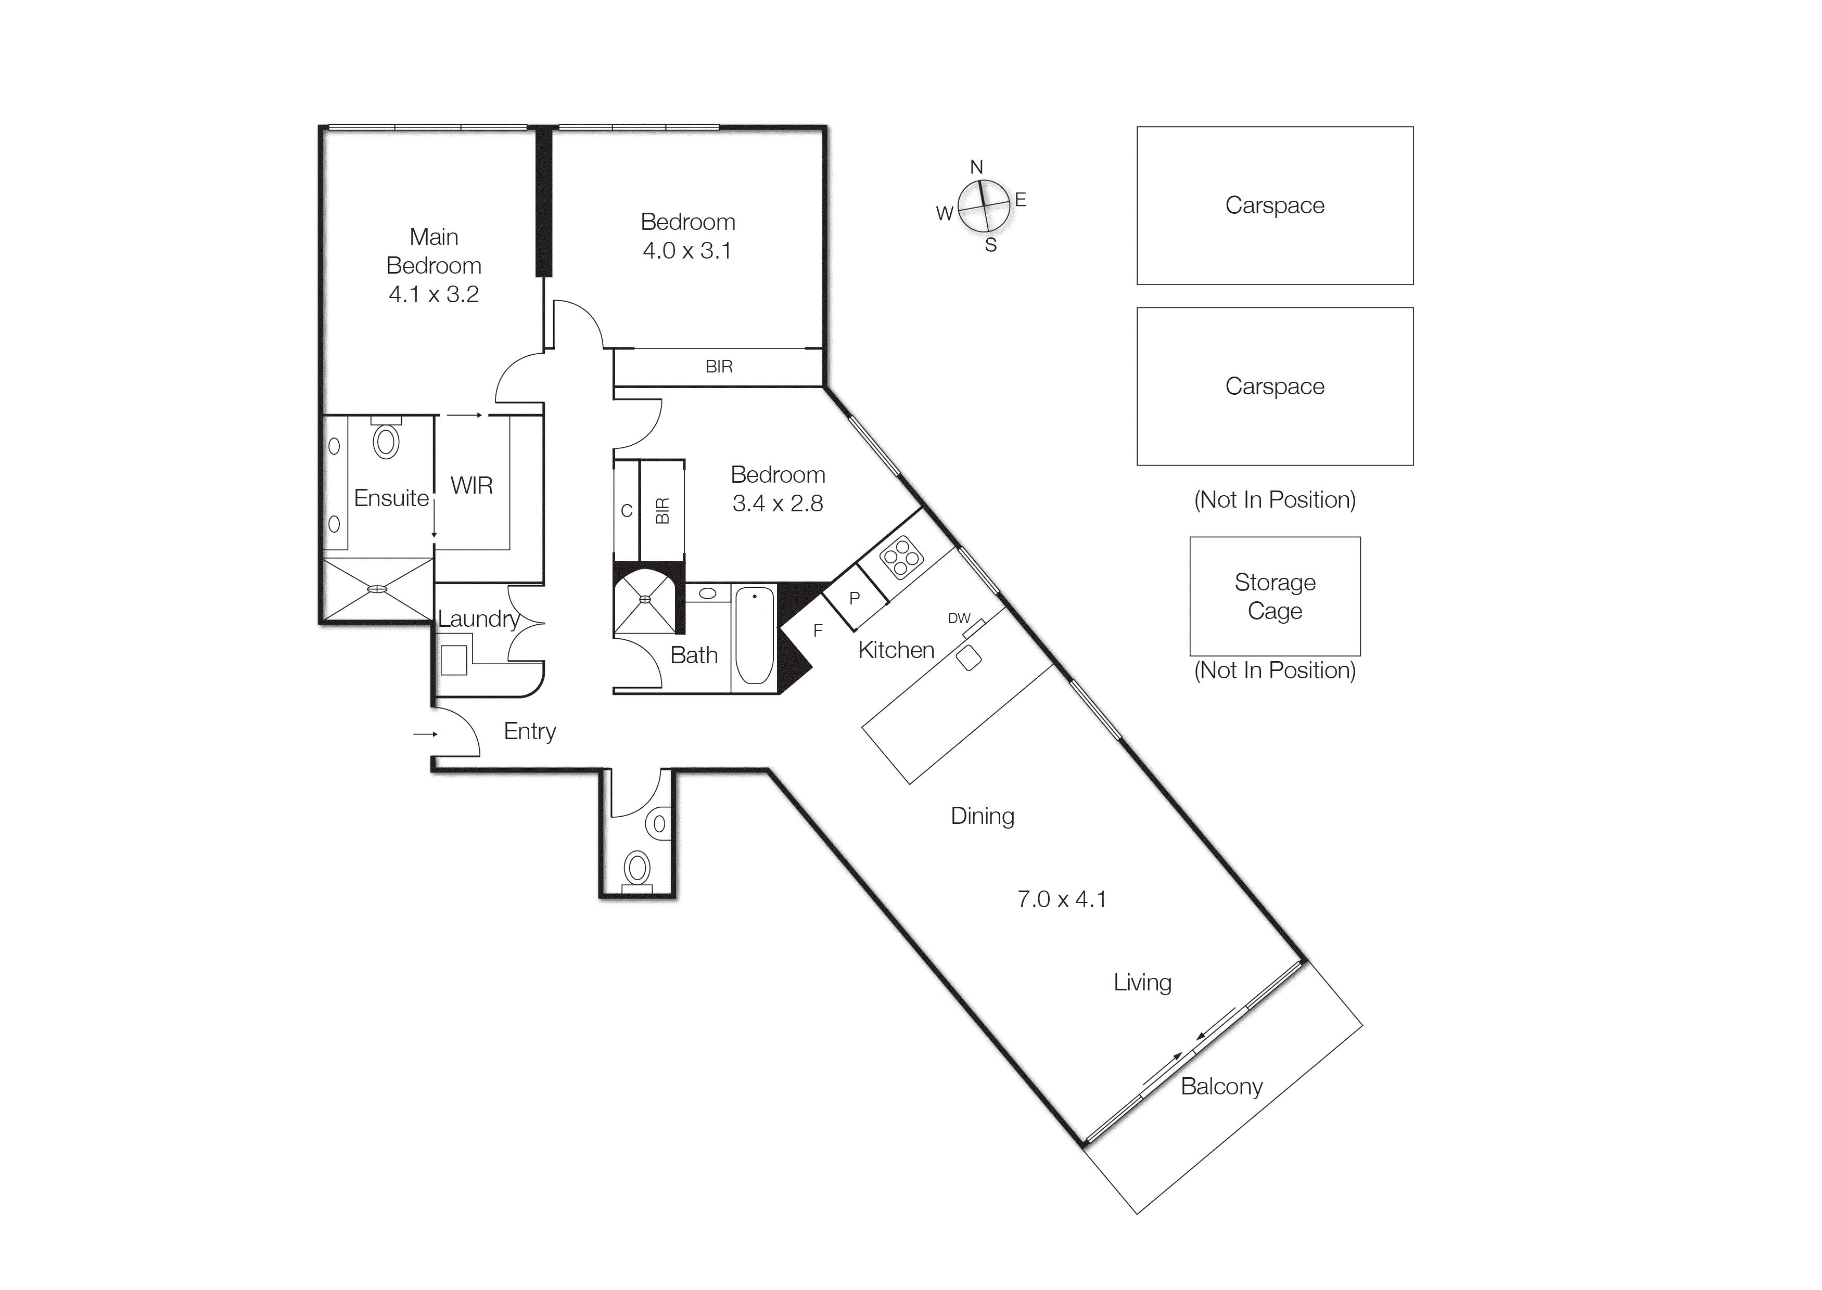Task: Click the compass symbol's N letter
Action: pos(976,167)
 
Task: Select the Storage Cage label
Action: pos(1275,597)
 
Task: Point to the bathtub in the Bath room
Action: pos(754,636)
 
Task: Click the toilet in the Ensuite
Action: pos(386,441)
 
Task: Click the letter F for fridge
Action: pos(817,631)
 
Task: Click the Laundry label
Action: pos(478,619)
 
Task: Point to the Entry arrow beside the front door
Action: pos(425,734)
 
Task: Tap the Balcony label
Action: pos(1221,1087)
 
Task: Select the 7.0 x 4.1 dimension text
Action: pos(1062,899)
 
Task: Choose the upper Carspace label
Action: pos(1275,205)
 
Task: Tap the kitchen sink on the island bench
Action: pos(969,657)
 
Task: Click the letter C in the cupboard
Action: pos(626,511)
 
